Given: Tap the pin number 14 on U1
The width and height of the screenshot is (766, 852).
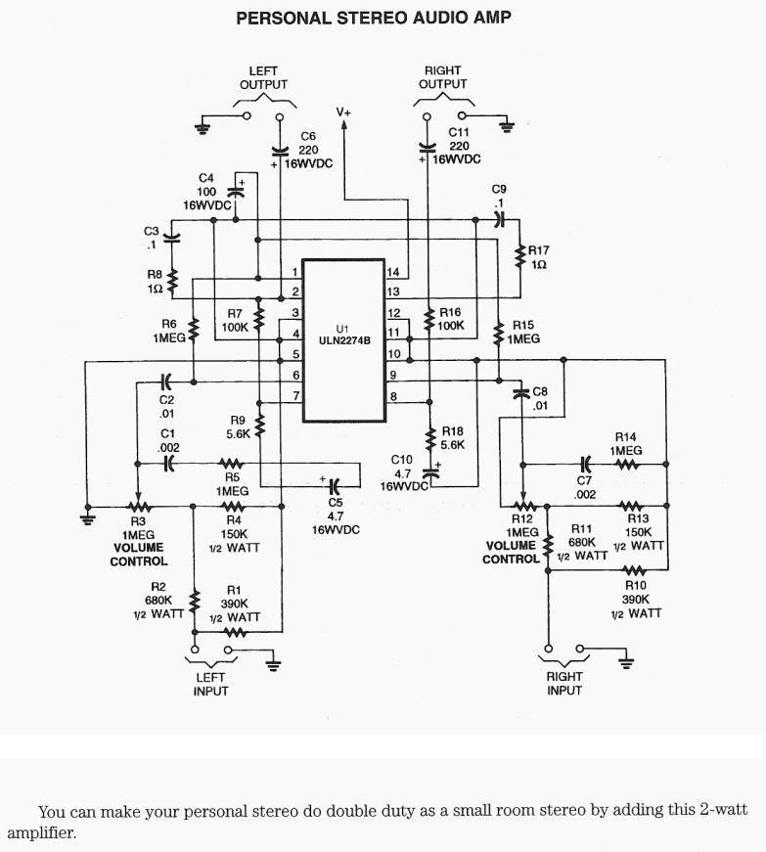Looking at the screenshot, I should click(x=392, y=271).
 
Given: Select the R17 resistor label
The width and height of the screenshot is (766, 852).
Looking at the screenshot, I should click(x=539, y=250).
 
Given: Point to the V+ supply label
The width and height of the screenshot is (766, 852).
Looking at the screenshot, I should click(x=343, y=112).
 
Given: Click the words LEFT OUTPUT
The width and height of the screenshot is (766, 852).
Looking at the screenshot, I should click(x=263, y=77).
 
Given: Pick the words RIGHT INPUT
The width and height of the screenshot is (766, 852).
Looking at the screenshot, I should click(x=564, y=683).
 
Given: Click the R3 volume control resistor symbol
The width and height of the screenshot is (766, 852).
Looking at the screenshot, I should click(x=139, y=507).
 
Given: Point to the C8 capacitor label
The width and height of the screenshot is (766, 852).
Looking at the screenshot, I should click(x=540, y=391).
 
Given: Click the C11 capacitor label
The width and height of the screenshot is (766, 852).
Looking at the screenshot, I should click(x=459, y=131).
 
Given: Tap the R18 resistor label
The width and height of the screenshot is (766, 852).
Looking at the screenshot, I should click(x=452, y=430).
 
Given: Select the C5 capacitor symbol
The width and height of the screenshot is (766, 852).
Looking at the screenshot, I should click(x=335, y=483).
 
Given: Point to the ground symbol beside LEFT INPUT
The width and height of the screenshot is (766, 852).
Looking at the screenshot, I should click(x=273, y=665).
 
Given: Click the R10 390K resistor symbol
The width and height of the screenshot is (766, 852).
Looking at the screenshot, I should click(x=635, y=569).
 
